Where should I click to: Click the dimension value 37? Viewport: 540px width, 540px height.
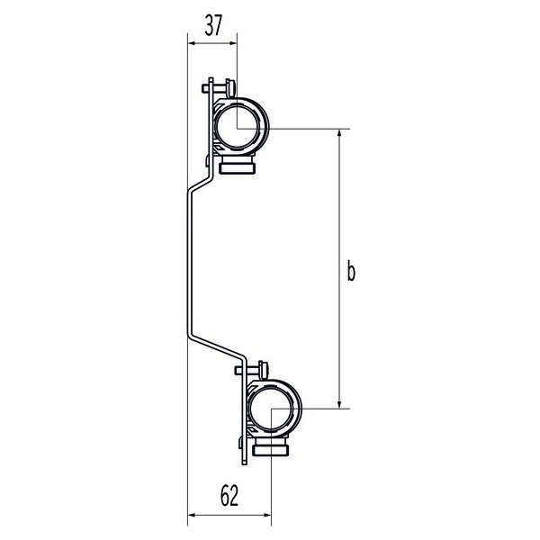213,25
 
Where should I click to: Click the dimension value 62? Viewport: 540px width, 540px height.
229,496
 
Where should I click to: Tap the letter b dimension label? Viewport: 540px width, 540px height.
351,272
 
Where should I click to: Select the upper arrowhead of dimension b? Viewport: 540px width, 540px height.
339,133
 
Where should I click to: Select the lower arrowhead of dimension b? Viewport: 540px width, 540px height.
339,404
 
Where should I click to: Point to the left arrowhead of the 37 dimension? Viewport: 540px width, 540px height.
192,43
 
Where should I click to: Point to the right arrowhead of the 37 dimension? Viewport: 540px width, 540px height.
233,43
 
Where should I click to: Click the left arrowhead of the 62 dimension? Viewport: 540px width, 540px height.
192,515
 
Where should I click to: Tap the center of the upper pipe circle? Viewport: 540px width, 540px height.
238,129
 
